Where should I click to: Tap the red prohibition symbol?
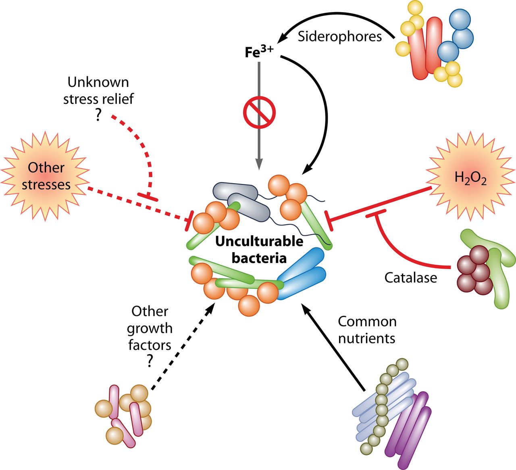point(259,112)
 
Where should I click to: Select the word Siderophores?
point(340,37)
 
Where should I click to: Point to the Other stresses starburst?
point(46,176)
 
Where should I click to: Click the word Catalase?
point(410,278)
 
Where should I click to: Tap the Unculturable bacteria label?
point(259,249)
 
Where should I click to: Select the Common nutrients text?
point(367,330)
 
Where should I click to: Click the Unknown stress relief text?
point(98,90)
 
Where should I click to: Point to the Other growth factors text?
point(150,328)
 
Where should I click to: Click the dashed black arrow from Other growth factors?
point(181,347)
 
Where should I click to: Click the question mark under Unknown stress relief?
point(98,115)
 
